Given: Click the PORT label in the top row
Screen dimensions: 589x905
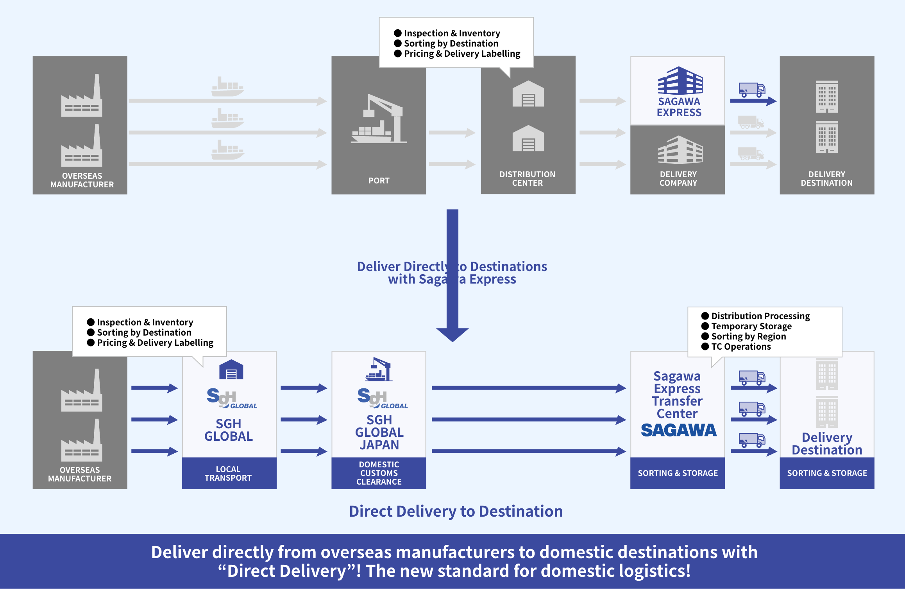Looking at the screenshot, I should coord(379,180).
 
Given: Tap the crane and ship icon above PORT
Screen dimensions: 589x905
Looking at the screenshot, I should coord(378,119).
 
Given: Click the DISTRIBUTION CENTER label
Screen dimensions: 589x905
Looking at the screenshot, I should coord(527,179).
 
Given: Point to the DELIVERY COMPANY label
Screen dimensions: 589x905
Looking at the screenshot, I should coord(678,179).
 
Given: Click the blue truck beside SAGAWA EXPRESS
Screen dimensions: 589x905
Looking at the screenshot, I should coord(751,90).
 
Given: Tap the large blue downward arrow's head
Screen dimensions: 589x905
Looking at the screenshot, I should coord(452,334).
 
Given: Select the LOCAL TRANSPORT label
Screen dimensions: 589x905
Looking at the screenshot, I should coord(228,473).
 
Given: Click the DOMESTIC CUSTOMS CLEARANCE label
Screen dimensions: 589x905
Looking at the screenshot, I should coord(379,473).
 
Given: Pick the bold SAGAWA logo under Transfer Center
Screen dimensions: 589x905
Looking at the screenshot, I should coord(678,430).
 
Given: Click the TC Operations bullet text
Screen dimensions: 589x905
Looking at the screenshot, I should coord(740,347).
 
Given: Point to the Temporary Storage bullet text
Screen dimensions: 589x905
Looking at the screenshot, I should coord(751,326).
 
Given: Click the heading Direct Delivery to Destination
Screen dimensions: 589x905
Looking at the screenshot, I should coord(456,511).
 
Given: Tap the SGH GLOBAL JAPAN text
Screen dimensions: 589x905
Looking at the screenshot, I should coord(379,432).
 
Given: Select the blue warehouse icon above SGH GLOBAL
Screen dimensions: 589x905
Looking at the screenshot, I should coord(231,370).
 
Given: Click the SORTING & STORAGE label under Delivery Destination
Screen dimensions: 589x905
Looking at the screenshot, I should coord(827,473).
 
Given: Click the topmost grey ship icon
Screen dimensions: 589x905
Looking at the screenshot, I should coord(227,86).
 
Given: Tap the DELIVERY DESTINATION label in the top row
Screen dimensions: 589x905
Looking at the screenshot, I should coord(826,179).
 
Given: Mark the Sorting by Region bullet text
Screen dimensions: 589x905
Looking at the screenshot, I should coord(748,336).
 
